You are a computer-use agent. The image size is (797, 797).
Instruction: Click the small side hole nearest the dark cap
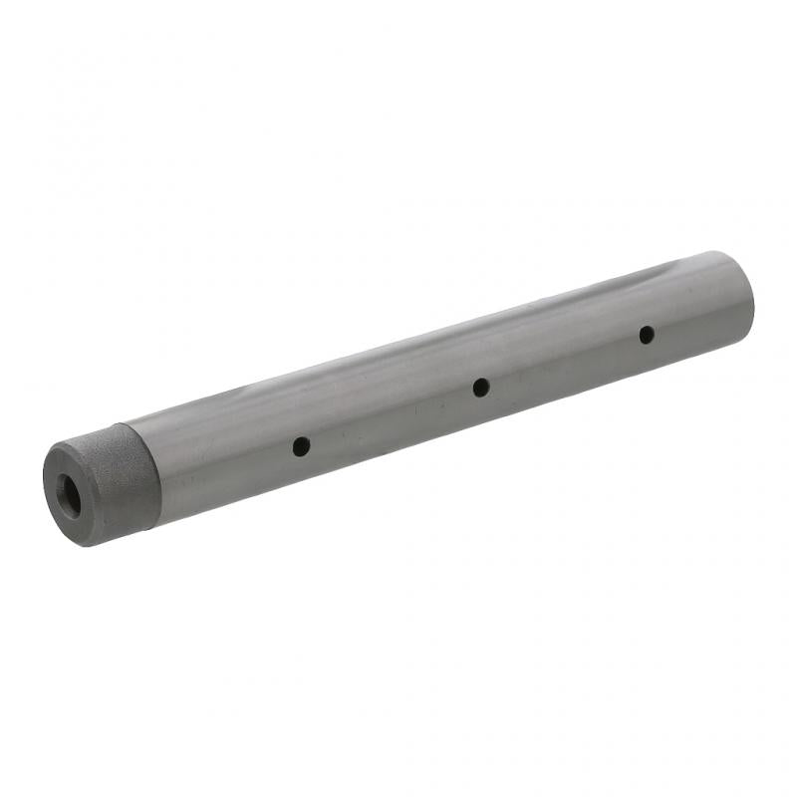[300, 446]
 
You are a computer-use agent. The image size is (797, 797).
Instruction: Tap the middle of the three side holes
[480, 387]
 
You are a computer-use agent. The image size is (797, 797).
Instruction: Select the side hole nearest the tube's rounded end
[647, 334]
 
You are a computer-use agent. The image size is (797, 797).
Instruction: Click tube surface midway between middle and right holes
[563, 361]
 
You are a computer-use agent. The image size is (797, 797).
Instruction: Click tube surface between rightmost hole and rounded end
[697, 319]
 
